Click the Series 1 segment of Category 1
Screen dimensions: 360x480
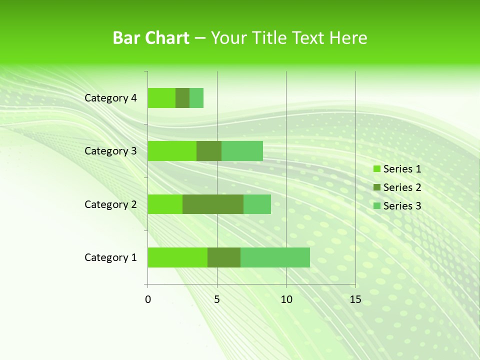coord(177,257)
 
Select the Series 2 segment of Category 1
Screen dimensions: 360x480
coord(224,257)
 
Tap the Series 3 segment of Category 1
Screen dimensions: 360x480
coord(275,257)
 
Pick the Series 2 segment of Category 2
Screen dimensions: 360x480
coord(213,204)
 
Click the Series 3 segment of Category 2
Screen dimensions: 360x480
coord(257,204)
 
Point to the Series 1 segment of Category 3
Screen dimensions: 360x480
coord(172,151)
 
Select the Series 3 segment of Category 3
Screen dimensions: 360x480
coord(242,151)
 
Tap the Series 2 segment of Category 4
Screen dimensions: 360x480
coord(182,98)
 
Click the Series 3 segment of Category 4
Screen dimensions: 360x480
coord(196,98)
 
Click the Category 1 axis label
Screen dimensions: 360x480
coord(110,257)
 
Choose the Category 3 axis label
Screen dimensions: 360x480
coord(110,151)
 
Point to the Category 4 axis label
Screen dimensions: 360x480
coord(110,98)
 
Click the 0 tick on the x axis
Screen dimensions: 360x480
coord(148,299)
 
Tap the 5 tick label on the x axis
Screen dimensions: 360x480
coord(217,299)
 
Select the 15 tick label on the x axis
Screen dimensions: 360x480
coord(355,299)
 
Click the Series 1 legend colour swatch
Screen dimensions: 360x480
coord(376,169)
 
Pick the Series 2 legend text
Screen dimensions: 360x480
coord(402,187)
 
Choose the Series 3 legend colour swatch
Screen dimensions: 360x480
coord(376,206)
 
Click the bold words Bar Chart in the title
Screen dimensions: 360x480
coord(151,38)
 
